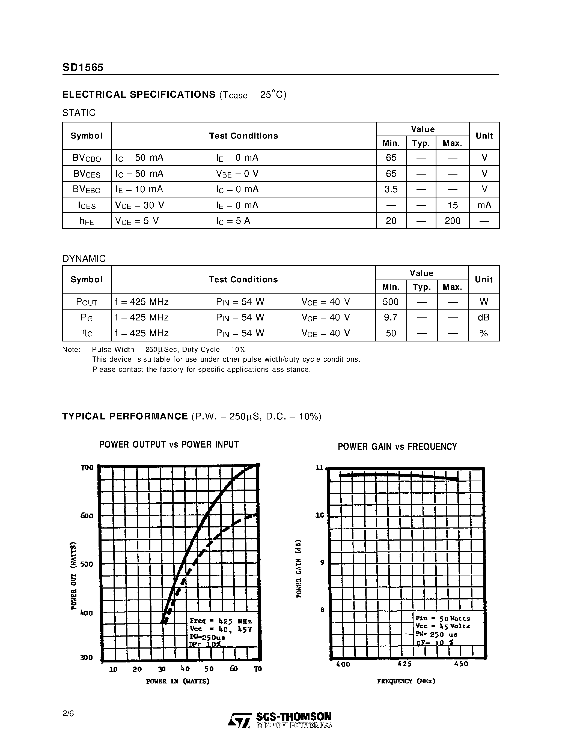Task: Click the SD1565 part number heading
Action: coord(83,67)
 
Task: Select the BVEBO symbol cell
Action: coord(87,189)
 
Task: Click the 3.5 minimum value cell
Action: coord(391,189)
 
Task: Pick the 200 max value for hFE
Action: coord(452,221)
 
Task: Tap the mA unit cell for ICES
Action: coord(484,205)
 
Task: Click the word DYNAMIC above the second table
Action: coord(84,259)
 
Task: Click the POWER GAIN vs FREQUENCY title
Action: coord(397,446)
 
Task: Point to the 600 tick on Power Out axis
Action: coord(87,515)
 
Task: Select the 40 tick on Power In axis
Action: coord(185,669)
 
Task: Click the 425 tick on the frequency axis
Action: coord(404,664)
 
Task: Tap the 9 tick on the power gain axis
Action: coord(322,562)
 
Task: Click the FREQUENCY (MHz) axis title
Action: coord(406,681)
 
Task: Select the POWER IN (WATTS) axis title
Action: coord(178,681)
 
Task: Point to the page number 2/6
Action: coord(68,714)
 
